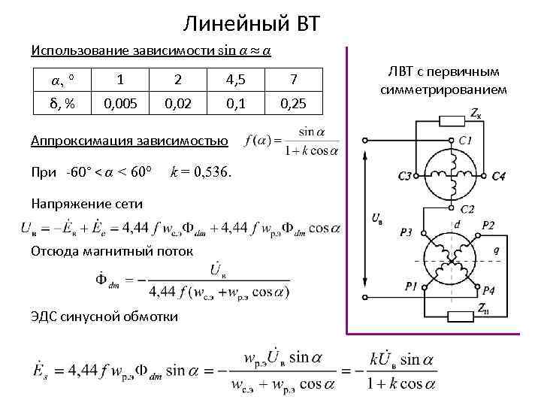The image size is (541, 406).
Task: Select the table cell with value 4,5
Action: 237,79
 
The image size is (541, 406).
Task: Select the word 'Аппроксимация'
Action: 74,141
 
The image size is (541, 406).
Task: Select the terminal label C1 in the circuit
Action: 466,141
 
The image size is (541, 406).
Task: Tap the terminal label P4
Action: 488,289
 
